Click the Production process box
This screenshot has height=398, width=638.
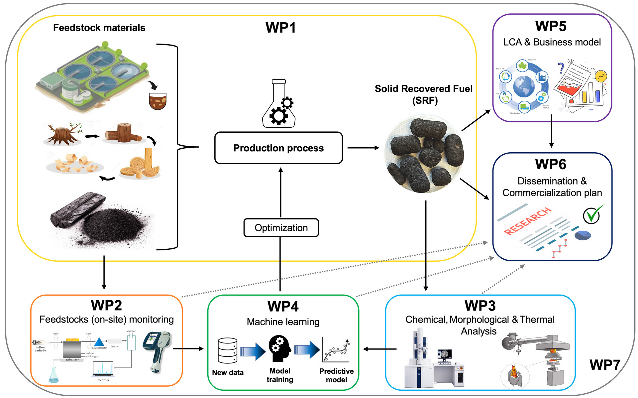278,148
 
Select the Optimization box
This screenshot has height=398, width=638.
281,228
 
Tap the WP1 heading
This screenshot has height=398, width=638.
280,28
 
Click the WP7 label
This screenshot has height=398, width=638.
605,365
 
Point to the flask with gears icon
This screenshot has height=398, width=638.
279,104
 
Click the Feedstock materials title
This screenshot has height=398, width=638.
99,28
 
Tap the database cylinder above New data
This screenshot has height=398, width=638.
228,351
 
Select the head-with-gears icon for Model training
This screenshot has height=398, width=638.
279,348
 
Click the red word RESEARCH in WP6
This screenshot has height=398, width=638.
527,221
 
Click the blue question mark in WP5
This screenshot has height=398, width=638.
561,68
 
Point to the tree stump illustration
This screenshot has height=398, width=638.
63,134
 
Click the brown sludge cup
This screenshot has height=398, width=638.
158,101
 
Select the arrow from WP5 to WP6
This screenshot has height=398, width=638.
551,131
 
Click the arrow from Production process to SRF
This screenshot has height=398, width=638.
363,148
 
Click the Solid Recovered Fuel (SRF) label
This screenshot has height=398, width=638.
424,94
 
